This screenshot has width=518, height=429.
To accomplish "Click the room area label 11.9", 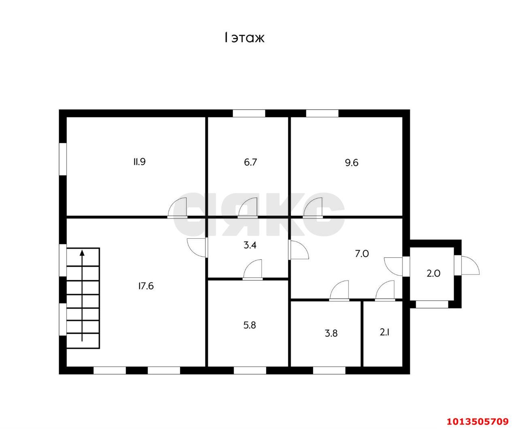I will (139, 162).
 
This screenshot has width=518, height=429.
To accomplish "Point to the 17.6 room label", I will (146, 286).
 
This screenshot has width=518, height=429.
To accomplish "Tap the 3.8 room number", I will (331, 333).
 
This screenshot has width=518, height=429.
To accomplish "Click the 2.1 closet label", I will (384, 333).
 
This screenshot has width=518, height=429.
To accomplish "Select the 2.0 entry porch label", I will (433, 273).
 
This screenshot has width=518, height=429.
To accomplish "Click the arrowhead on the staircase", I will (82, 253).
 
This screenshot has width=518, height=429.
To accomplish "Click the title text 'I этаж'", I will (244, 38).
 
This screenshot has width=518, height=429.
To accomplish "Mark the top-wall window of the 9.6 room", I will (322, 113).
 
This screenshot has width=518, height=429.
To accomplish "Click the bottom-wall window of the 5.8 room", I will (250, 370).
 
